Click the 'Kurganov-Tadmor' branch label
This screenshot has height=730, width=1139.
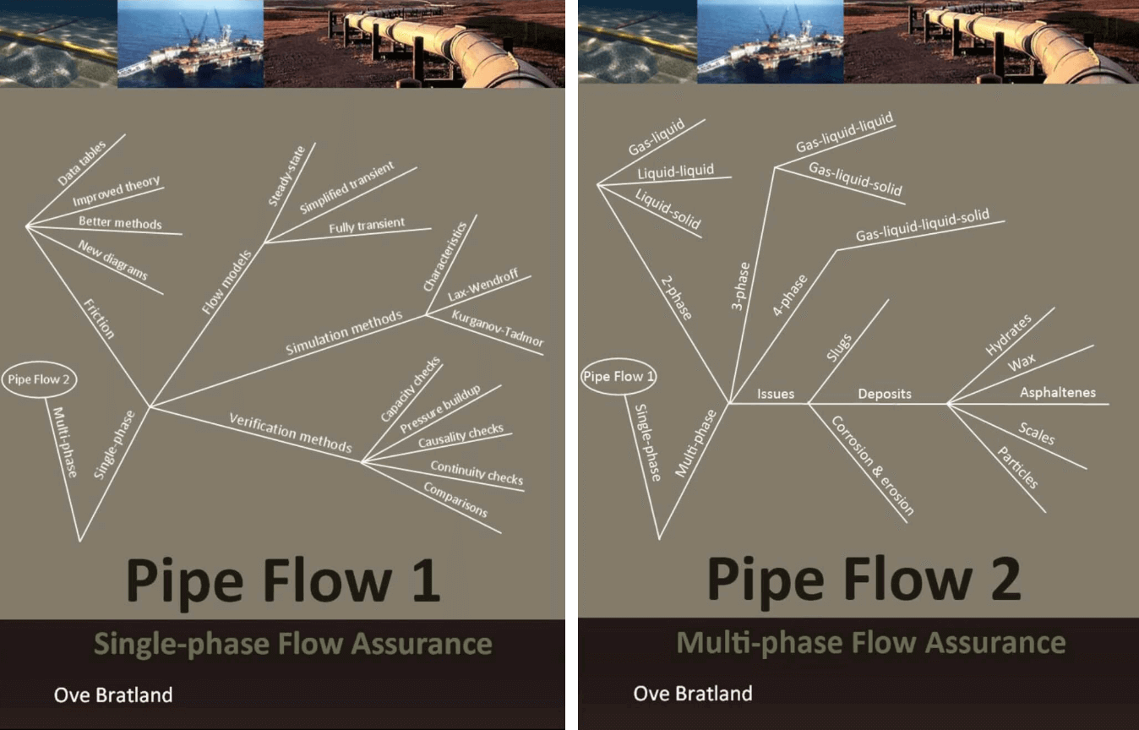pos(498,329)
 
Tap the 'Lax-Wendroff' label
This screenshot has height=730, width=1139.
pos(483,284)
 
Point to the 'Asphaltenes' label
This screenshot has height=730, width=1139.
pos(1058,392)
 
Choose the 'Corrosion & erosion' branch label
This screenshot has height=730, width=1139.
pos(873,466)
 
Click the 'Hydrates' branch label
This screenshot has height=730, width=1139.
pos(1008,334)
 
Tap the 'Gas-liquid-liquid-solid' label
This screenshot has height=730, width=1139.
pos(923,225)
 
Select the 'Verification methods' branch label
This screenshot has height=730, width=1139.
pos(291,433)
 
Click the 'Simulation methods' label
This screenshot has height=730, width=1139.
pos(344,332)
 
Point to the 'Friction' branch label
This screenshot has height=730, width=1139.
pos(99,319)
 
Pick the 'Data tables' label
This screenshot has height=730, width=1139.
pos(81,163)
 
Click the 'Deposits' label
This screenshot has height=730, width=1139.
pos(885,394)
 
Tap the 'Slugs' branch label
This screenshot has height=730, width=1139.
pos(839,347)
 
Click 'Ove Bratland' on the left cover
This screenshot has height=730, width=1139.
pos(113,695)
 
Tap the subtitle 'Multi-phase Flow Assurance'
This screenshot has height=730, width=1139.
pos(871,643)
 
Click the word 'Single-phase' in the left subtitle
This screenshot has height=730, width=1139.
pos(182,645)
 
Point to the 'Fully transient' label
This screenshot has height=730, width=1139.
pos(367,226)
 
